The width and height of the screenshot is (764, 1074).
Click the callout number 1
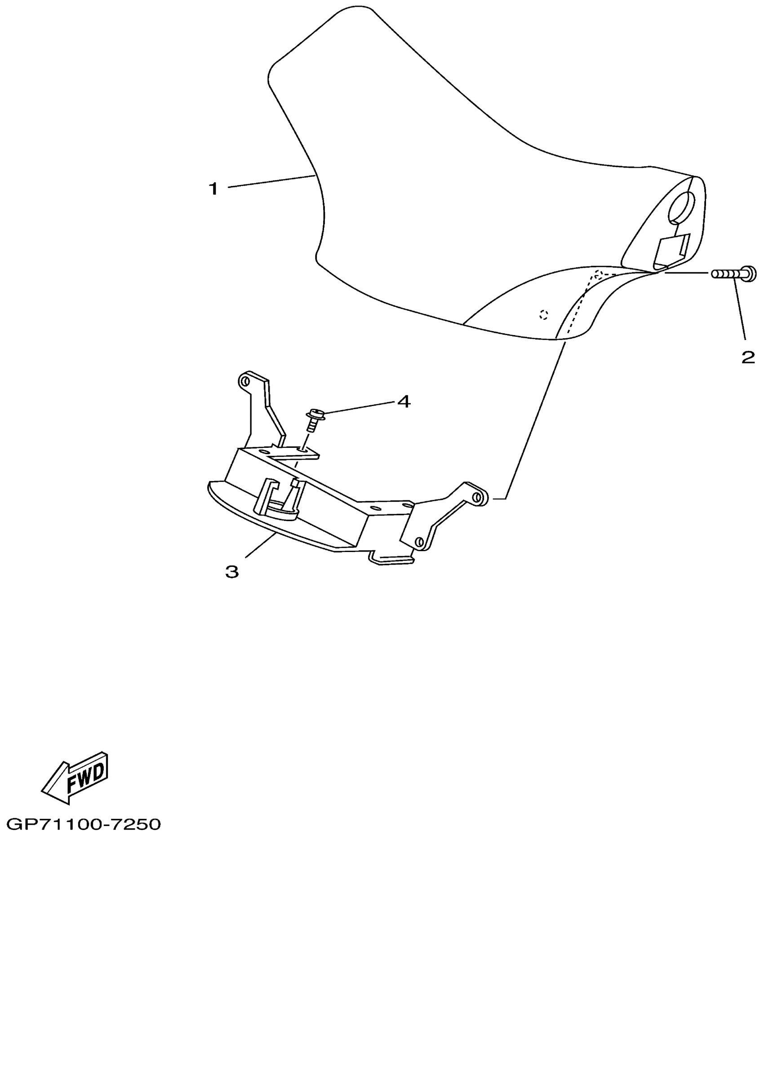pyautogui.click(x=213, y=189)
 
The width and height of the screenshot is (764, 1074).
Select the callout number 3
pyautogui.click(x=232, y=572)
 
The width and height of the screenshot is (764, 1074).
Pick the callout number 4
pyautogui.click(x=404, y=402)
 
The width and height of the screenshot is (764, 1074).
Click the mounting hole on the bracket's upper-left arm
pyautogui.click(x=244, y=381)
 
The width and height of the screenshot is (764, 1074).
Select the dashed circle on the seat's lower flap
pyautogui.click(x=543, y=314)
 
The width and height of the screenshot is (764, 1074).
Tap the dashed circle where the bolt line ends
pyautogui.click(x=597, y=274)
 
